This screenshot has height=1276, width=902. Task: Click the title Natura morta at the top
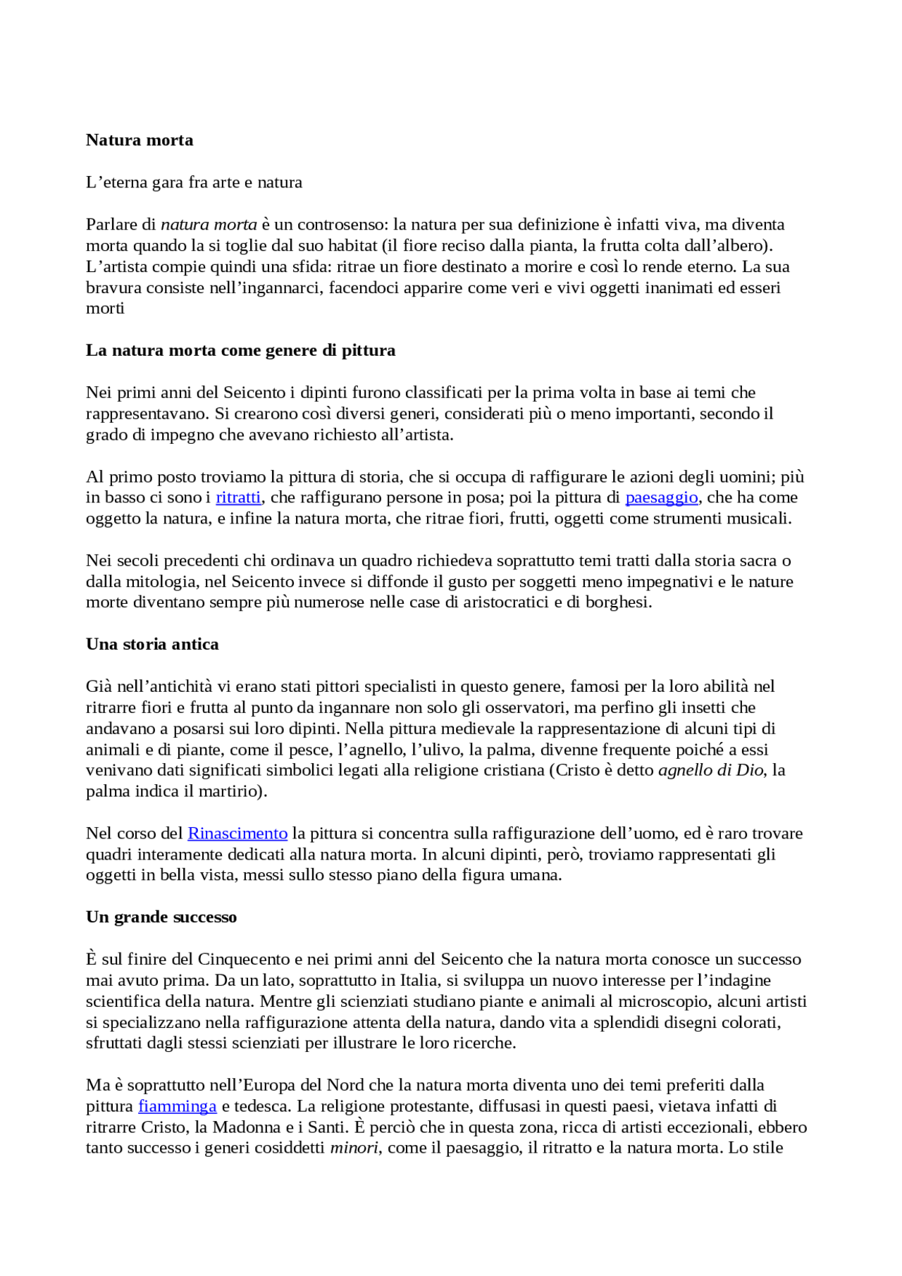[x=140, y=140]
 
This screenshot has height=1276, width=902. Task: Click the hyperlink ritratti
[x=238, y=497]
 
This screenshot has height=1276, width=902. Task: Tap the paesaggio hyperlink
[x=661, y=497]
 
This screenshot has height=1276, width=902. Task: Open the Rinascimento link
[x=237, y=834]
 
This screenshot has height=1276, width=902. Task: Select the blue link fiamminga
[x=177, y=1106]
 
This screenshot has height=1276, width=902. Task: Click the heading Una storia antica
[x=152, y=644]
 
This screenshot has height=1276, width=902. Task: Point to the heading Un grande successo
[x=161, y=917]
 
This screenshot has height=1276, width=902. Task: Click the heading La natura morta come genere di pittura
[x=240, y=350]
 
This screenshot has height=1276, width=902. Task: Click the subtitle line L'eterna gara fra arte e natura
[x=194, y=182]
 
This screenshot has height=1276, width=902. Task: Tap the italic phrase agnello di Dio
[x=710, y=770]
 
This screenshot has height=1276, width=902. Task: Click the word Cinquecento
[x=244, y=960]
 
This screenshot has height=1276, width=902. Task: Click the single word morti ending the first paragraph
[x=105, y=309]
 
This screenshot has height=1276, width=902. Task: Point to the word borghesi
[x=617, y=602]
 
